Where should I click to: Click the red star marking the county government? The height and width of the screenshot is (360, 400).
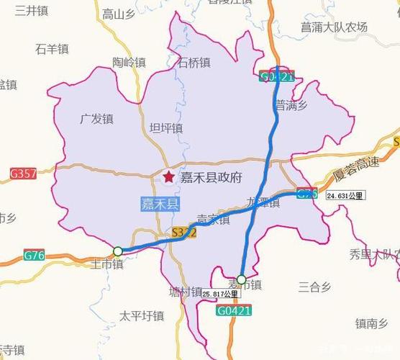pyautogui.click(x=168, y=176)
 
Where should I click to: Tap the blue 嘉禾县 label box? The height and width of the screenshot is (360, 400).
pyautogui.click(x=160, y=204)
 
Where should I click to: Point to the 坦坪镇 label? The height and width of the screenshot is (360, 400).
pyautogui.click(x=165, y=128)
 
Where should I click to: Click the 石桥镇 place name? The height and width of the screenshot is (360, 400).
pyautogui.click(x=194, y=63)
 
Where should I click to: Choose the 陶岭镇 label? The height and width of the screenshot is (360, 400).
pyautogui.click(x=129, y=63)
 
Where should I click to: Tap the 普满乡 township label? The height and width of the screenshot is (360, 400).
pyautogui.click(x=291, y=105)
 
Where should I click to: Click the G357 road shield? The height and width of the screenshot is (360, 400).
pyautogui.click(x=23, y=174)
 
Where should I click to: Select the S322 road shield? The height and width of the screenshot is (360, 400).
pyautogui.click(x=183, y=233)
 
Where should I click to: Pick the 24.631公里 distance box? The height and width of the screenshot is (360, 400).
pyautogui.click(x=345, y=195)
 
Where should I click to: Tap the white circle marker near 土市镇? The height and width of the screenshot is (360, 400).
pyautogui.click(x=117, y=251)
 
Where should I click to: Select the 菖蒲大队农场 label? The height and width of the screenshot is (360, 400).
pyautogui.click(x=334, y=27)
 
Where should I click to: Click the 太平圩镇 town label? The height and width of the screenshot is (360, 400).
pyautogui.click(x=142, y=315)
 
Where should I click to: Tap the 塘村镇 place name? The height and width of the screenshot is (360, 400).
pyautogui.click(x=186, y=292)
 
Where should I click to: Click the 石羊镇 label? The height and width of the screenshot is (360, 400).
pyautogui.click(x=52, y=49)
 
